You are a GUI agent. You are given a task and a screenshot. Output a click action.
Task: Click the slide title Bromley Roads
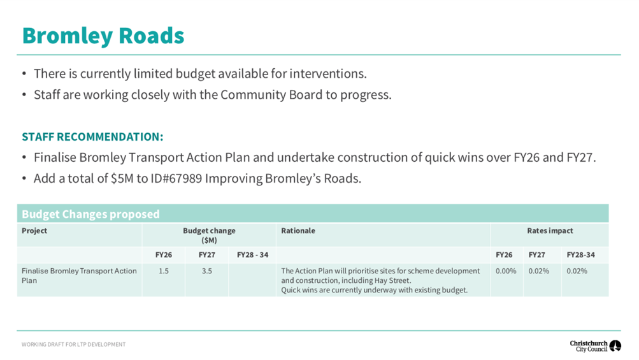103,36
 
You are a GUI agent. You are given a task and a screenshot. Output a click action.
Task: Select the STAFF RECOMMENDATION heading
92,136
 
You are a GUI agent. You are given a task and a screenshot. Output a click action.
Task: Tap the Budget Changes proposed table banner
90,214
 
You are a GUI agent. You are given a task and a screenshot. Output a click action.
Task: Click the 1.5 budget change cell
164,271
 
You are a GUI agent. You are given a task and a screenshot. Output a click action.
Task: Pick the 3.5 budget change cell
206,271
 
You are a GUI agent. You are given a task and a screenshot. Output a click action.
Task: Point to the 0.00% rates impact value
506,271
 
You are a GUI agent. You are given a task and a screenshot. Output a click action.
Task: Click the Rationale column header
298,231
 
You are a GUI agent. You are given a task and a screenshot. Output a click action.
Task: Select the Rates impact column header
550,231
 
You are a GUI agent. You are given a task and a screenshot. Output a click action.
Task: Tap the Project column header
34,231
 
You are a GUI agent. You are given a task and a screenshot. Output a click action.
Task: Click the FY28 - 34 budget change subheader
253,255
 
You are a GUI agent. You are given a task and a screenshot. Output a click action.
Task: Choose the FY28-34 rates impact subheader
581,255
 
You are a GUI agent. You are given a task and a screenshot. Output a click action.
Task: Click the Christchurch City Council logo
596,346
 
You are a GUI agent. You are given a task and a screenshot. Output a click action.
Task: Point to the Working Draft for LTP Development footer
73,345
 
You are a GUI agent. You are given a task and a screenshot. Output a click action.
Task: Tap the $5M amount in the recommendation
122,178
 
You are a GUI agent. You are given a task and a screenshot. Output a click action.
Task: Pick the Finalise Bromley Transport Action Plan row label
79,276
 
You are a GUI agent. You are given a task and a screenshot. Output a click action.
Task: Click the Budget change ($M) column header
209,235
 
